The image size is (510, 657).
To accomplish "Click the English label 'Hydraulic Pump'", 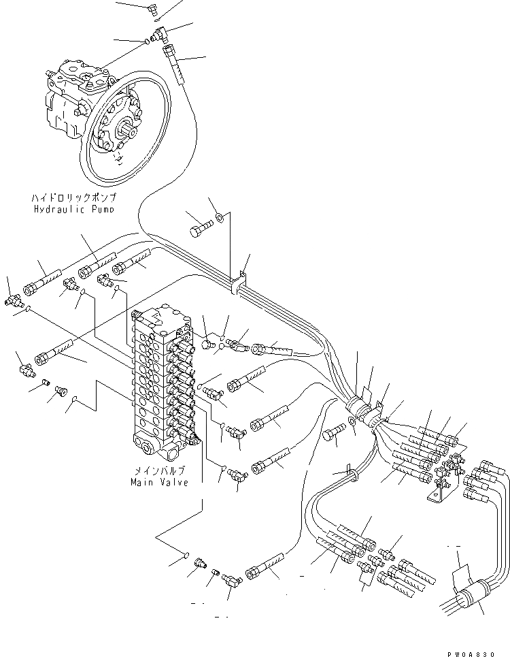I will (74, 209).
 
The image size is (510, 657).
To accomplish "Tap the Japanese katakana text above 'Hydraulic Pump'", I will (74, 197).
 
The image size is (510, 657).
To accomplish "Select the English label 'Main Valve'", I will (158, 481).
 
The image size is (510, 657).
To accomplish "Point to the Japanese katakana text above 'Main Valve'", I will (158, 470).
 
